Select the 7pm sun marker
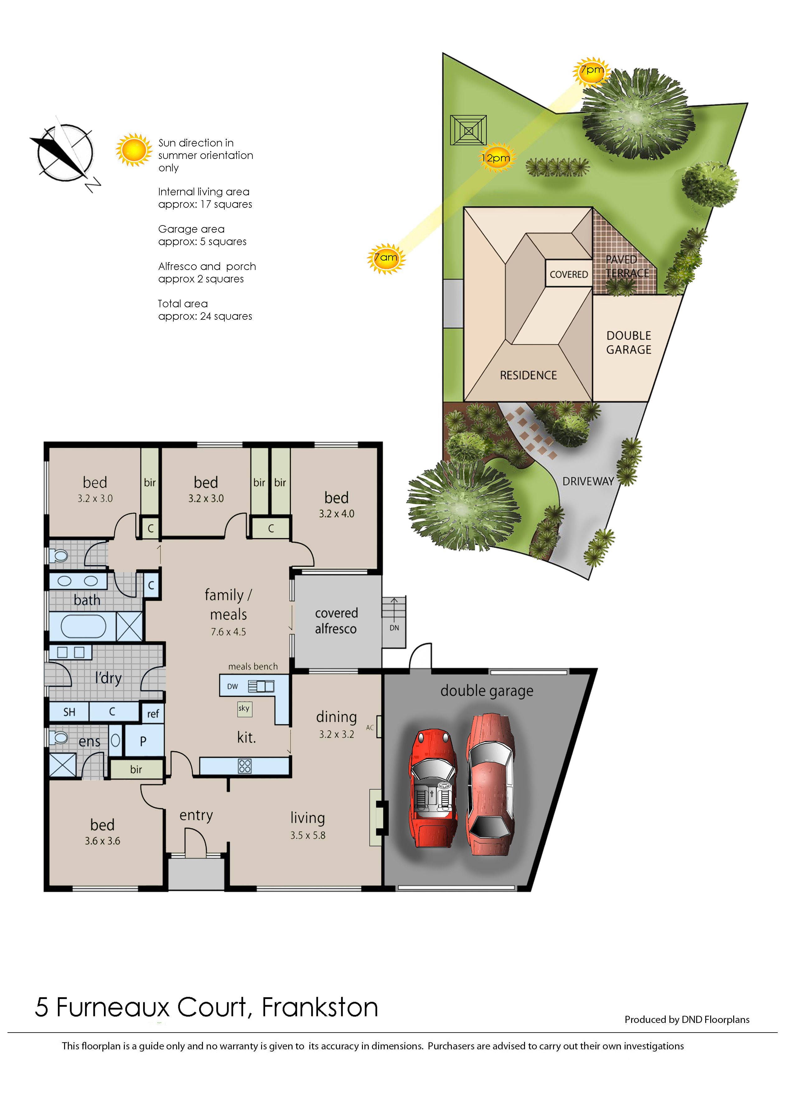(x=592, y=71)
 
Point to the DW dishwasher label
(x=232, y=686)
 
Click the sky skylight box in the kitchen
(x=244, y=708)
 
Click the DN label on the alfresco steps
(x=394, y=628)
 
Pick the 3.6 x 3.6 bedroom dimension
(x=102, y=841)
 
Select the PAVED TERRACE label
(x=627, y=267)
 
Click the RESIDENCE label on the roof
(x=528, y=375)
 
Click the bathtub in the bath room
(x=83, y=626)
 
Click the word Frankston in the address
(x=320, y=1008)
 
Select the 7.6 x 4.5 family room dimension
(x=228, y=632)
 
